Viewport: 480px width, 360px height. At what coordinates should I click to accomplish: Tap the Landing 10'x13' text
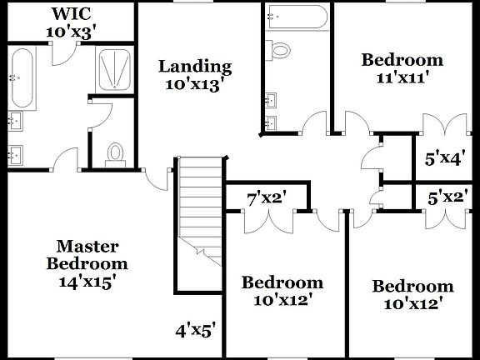(x=195, y=75)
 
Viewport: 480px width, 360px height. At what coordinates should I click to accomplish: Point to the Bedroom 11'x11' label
(x=402, y=69)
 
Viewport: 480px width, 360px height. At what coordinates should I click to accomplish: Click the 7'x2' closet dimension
(x=267, y=198)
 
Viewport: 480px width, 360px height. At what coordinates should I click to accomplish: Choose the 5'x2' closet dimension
(x=446, y=198)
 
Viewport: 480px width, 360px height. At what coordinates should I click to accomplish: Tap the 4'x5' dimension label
(x=197, y=329)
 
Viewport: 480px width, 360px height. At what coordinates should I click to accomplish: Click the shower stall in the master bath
(x=112, y=68)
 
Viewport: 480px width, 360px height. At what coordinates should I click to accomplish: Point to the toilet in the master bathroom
(x=116, y=152)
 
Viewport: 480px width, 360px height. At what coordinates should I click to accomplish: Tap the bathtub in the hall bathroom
(x=297, y=17)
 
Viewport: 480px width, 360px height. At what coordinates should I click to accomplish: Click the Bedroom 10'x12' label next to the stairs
(x=282, y=291)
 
